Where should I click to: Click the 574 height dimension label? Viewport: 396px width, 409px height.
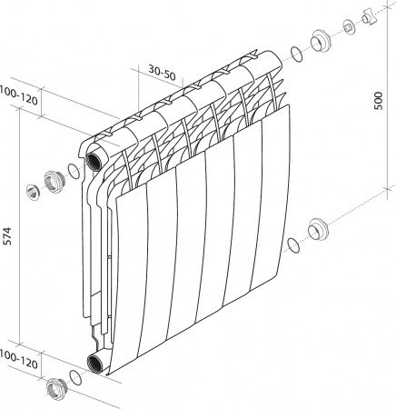click(7, 236)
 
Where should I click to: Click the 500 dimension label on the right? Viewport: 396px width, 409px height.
click(379, 101)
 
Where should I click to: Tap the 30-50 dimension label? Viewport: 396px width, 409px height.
click(162, 73)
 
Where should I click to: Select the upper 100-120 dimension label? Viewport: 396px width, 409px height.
click(19, 95)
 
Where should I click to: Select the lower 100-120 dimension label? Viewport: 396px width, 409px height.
click(19, 359)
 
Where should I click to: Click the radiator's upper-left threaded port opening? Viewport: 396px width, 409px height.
click(94, 159)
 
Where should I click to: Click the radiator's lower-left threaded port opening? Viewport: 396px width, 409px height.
click(95, 363)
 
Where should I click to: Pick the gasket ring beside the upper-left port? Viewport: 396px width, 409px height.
click(74, 171)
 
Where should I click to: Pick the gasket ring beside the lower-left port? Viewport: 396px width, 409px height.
click(75, 377)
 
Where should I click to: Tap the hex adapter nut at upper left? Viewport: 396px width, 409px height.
click(54, 182)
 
